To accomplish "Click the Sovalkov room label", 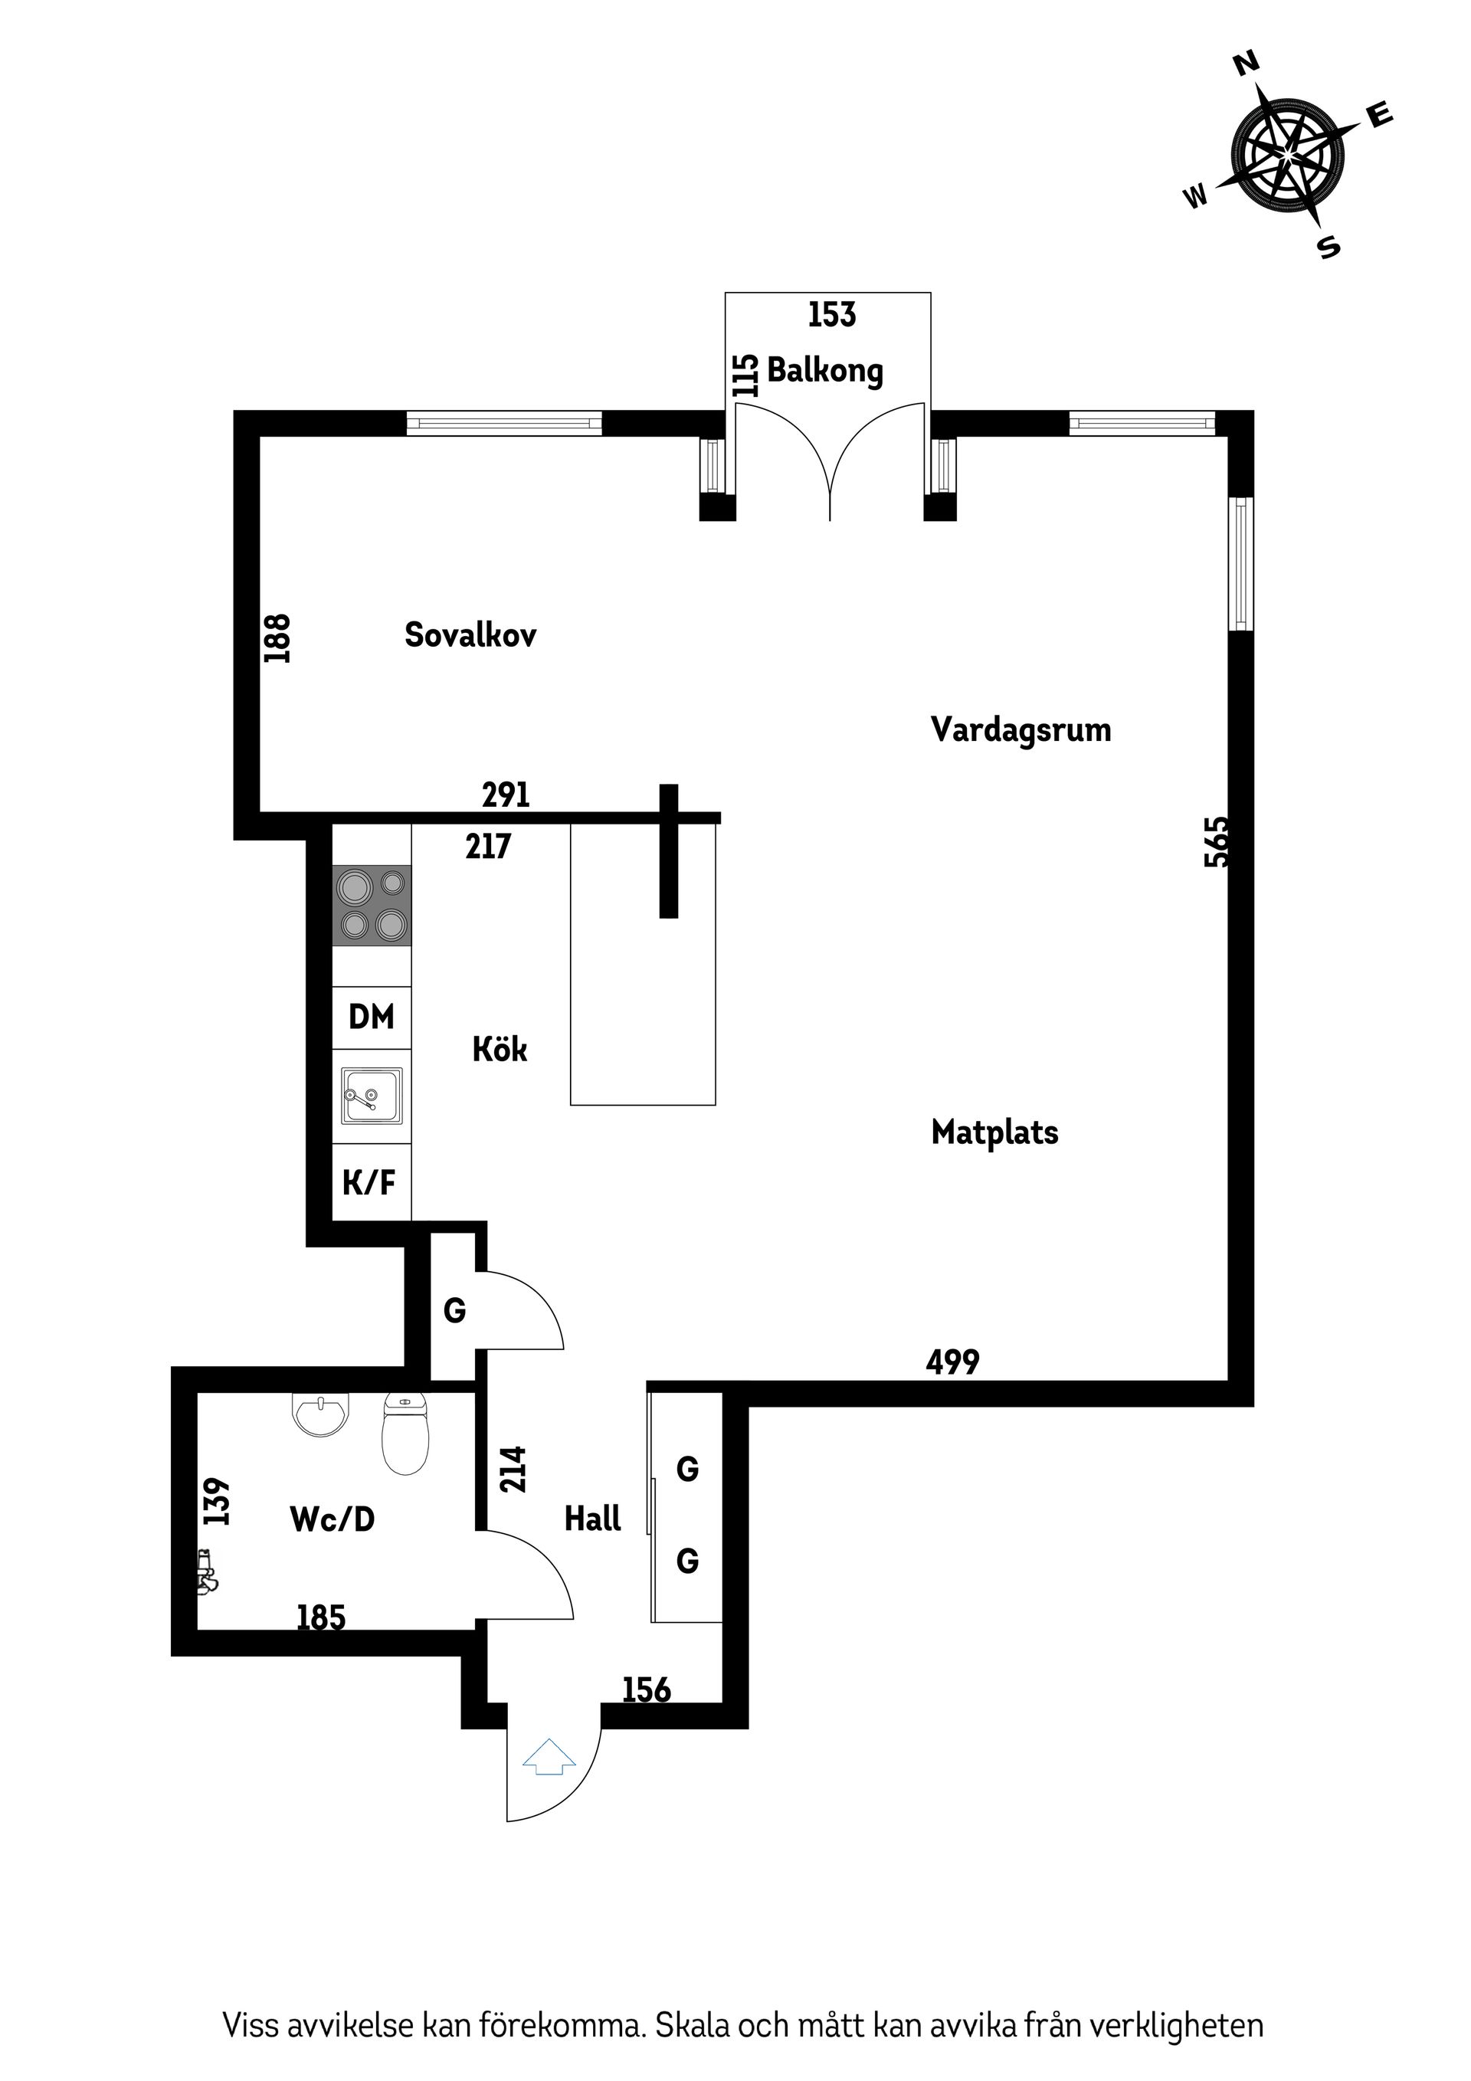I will [x=470, y=635].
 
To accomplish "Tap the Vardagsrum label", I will [x=1021, y=730].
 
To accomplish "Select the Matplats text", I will [x=994, y=1133].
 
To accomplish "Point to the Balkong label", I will [x=825, y=371].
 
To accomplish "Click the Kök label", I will [x=500, y=1050].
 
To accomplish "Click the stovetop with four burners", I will [x=372, y=906].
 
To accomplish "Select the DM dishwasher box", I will [x=372, y=1017].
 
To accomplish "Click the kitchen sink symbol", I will [x=372, y=1096].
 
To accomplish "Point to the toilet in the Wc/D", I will [x=405, y=1433].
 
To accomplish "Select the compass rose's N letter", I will [x=1247, y=64].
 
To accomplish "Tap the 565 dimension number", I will [x=1217, y=842].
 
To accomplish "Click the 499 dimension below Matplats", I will [x=952, y=1362].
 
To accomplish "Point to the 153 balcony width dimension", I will [x=831, y=314].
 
